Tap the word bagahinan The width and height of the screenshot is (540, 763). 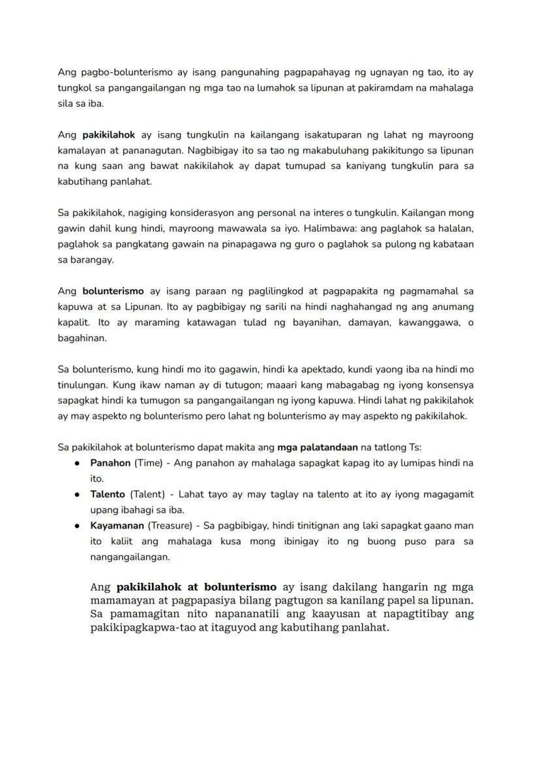click(x=82, y=338)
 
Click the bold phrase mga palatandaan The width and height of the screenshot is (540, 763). click(x=318, y=447)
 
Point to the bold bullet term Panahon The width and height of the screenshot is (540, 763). click(x=110, y=463)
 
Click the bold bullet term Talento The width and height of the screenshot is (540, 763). click(x=108, y=494)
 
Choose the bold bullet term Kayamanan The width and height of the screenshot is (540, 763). click(x=117, y=525)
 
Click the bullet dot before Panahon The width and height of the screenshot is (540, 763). click(x=77, y=463)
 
